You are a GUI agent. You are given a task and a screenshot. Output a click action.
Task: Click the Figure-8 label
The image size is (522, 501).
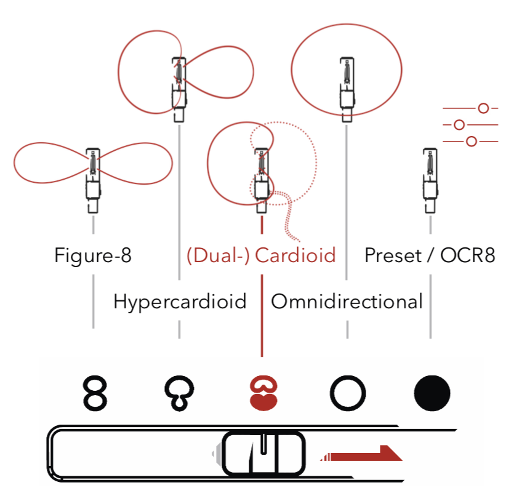click(x=93, y=255)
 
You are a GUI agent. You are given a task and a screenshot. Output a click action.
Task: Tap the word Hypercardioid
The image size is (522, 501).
click(x=180, y=302)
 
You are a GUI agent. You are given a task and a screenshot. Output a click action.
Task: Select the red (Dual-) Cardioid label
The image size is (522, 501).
click(x=262, y=255)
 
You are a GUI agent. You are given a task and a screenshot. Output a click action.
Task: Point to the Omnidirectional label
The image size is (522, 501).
click(x=347, y=302)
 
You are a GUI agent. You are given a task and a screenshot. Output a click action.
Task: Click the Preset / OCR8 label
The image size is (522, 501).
click(x=430, y=255)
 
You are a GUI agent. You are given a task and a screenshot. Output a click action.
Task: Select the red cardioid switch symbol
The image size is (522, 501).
click(x=263, y=395)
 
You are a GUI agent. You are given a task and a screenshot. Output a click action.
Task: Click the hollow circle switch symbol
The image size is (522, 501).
click(x=348, y=393)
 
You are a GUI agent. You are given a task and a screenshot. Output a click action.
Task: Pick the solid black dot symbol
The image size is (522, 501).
click(x=432, y=393)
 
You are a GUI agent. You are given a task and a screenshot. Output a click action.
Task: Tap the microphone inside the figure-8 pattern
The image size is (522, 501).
click(x=93, y=175)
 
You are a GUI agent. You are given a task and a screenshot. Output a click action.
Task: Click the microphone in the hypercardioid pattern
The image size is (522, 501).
click(x=179, y=86)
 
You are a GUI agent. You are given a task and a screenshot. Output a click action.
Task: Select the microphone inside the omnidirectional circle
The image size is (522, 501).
click(x=347, y=86)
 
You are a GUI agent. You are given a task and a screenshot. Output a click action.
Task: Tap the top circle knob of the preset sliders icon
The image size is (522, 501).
click(x=483, y=108)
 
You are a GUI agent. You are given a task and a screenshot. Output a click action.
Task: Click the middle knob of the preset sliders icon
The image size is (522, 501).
click(x=458, y=125)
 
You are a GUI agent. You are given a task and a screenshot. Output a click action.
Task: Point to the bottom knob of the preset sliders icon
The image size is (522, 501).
click(x=472, y=142)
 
